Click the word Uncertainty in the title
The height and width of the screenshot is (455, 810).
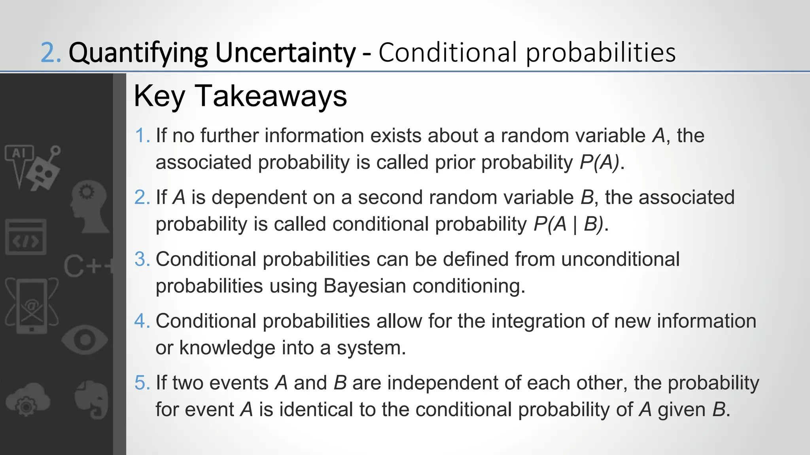(x=285, y=53)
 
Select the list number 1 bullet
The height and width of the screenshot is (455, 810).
(x=142, y=136)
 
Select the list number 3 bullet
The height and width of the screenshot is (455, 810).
(x=142, y=259)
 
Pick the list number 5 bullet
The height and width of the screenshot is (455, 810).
(x=142, y=383)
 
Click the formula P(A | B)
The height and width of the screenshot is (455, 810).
(x=569, y=224)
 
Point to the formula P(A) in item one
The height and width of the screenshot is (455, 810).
(x=599, y=162)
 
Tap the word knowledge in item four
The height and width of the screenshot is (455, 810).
(x=227, y=348)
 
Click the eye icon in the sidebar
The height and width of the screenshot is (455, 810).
(x=85, y=340)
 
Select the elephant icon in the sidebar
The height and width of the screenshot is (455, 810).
(x=92, y=399)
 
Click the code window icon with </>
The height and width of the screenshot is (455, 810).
(x=26, y=237)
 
